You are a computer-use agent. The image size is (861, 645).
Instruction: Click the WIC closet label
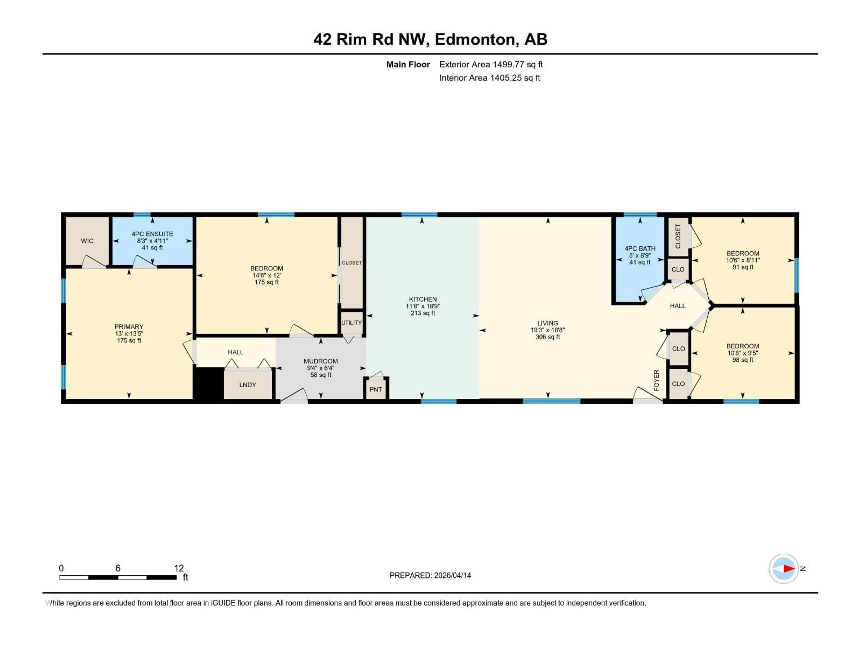[87, 241]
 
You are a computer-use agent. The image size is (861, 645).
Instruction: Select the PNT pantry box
[376, 389]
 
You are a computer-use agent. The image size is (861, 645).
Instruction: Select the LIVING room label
[548, 323]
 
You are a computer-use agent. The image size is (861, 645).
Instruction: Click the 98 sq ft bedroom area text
[743, 360]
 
